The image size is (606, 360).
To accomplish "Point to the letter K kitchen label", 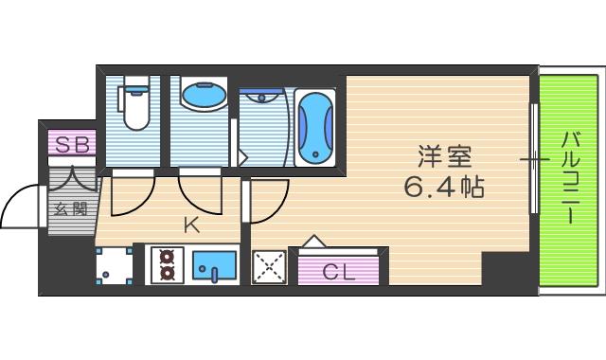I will click(191, 225).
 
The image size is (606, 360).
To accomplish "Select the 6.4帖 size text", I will click(444, 187).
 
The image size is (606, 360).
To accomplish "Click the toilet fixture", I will click(134, 104).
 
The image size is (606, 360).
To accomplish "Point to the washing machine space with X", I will click(269, 268).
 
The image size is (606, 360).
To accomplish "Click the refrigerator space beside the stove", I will click(113, 265).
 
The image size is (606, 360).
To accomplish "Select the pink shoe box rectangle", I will click(71, 144).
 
